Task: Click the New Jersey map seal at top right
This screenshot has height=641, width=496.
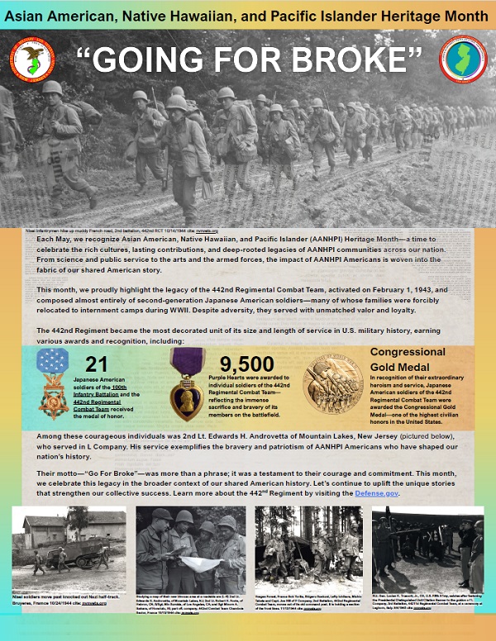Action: [x=463, y=59]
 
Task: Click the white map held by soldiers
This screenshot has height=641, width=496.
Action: [x=198, y=563]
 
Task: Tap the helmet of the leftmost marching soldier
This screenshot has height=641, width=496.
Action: [x=52, y=87]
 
